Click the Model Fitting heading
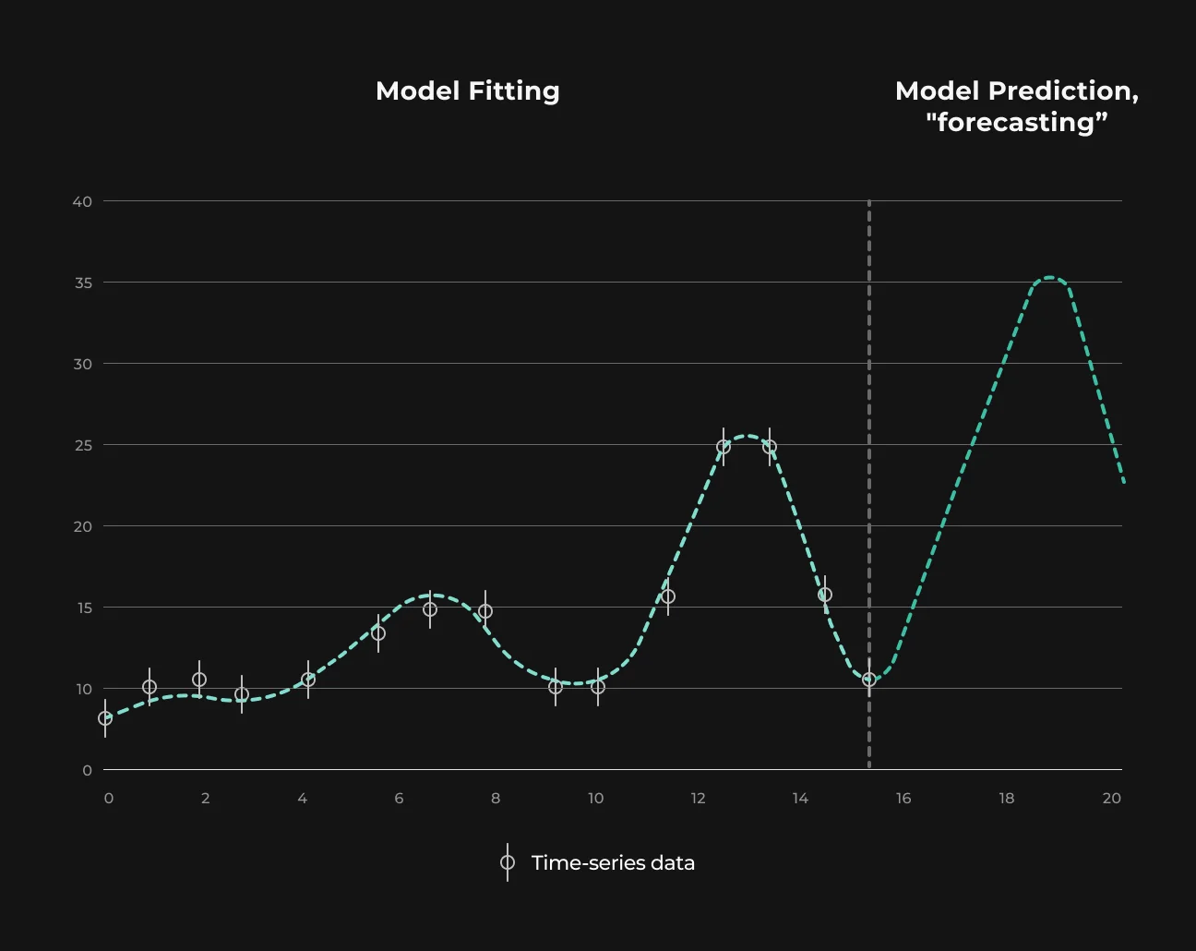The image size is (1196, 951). pyautogui.click(x=467, y=91)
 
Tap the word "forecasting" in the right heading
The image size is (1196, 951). pyautogui.click(x=1016, y=123)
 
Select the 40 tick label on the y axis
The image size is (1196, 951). pyautogui.click(x=82, y=202)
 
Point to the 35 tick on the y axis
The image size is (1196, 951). pyautogui.click(x=83, y=283)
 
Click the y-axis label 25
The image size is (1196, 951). pyautogui.click(x=83, y=445)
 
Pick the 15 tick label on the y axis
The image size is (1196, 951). pyautogui.click(x=85, y=608)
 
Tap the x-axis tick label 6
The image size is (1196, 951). pyautogui.click(x=399, y=799)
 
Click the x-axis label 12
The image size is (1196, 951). pyautogui.click(x=698, y=799)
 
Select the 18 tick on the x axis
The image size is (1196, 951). pyautogui.click(x=1007, y=799)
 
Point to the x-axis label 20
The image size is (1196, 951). pyautogui.click(x=1111, y=799)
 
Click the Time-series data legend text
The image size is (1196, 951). pyautogui.click(x=613, y=863)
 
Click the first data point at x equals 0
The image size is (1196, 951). pyautogui.click(x=105, y=718)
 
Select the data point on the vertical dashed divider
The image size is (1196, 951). pyautogui.click(x=869, y=680)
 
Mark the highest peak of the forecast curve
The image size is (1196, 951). pyautogui.click(x=1049, y=277)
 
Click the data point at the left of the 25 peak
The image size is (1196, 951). pyautogui.click(x=724, y=447)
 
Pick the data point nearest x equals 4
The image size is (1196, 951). pyautogui.click(x=308, y=680)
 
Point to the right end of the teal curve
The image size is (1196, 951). pyautogui.click(x=1124, y=483)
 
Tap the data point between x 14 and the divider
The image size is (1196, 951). pyautogui.click(x=825, y=595)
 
